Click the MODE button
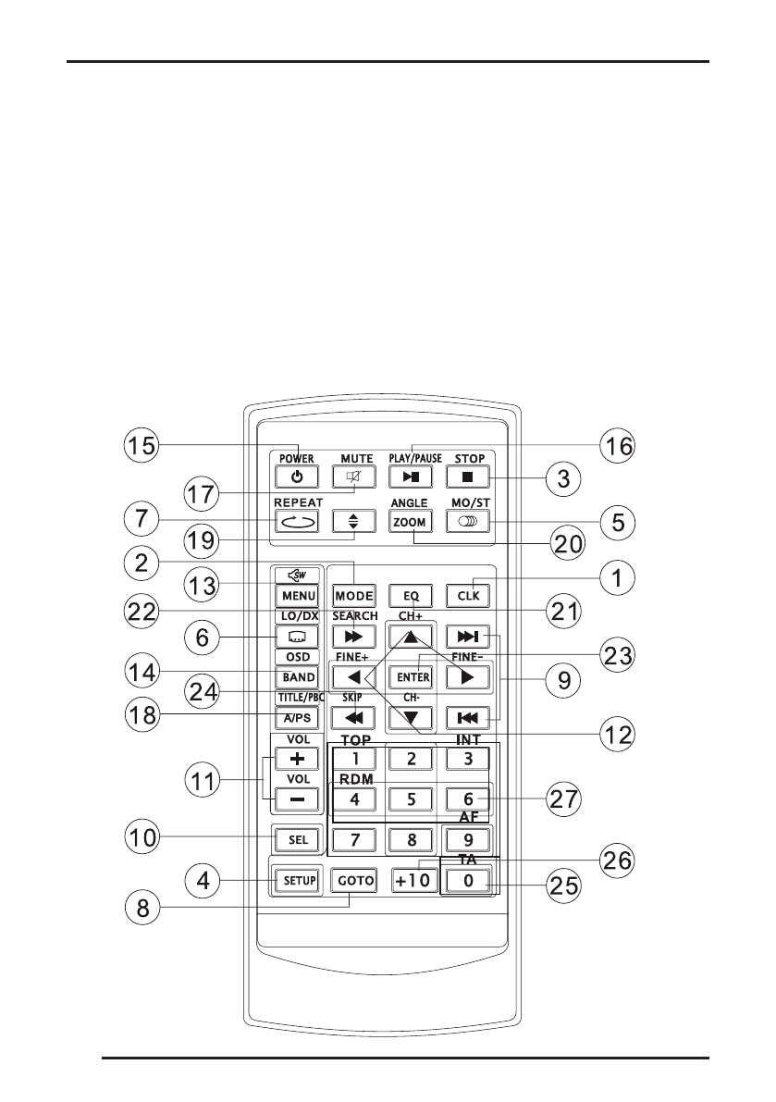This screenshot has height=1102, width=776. pos(354,596)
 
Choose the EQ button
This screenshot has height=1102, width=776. pos(411,596)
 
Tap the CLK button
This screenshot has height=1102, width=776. pos(468,596)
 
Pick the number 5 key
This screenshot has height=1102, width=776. pos(411,799)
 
